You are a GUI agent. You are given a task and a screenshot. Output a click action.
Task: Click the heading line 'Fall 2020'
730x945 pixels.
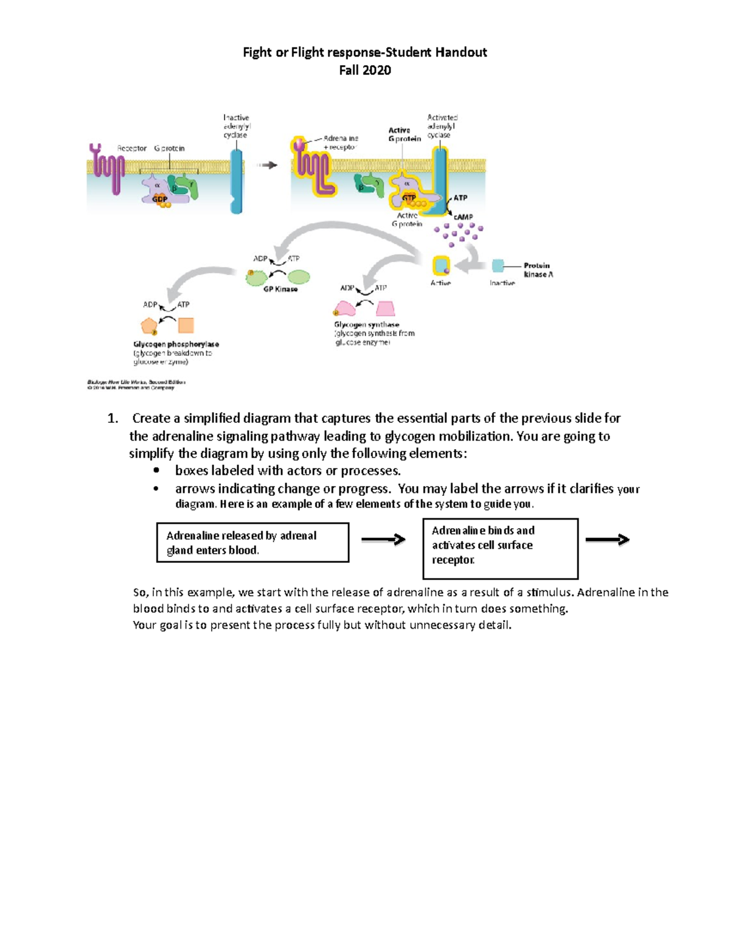coord(364,71)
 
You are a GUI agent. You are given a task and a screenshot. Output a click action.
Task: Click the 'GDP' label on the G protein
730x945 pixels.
coord(160,199)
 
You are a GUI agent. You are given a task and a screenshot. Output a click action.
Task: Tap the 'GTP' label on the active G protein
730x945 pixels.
coord(409,198)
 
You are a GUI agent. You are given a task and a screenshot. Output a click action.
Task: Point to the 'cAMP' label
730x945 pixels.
coord(463,217)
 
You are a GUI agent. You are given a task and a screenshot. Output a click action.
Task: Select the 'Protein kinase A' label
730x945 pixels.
coord(538,270)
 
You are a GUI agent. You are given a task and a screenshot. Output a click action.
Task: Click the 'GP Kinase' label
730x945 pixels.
coord(280,289)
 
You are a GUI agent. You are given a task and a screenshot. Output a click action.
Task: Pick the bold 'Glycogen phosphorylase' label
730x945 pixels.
coord(176,344)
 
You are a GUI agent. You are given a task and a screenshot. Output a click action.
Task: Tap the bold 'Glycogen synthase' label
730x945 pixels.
coord(366,324)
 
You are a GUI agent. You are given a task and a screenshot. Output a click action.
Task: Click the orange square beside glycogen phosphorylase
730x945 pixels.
coord(186,325)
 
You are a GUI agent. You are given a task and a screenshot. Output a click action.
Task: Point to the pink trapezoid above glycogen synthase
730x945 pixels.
coord(385,309)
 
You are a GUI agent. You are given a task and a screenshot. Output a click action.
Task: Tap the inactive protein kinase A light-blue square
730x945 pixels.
coord(498,265)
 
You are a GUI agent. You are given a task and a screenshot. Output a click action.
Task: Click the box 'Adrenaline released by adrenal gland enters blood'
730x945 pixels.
coord(252,542)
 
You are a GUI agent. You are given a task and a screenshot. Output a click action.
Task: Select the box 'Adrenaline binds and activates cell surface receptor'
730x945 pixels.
coord(500,548)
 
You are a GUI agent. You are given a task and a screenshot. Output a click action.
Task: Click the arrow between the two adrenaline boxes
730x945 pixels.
coord(383,539)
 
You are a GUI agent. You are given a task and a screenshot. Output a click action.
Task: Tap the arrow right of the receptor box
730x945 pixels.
coord(607,539)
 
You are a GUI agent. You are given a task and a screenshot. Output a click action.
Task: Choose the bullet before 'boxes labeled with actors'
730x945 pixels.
coord(156,470)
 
